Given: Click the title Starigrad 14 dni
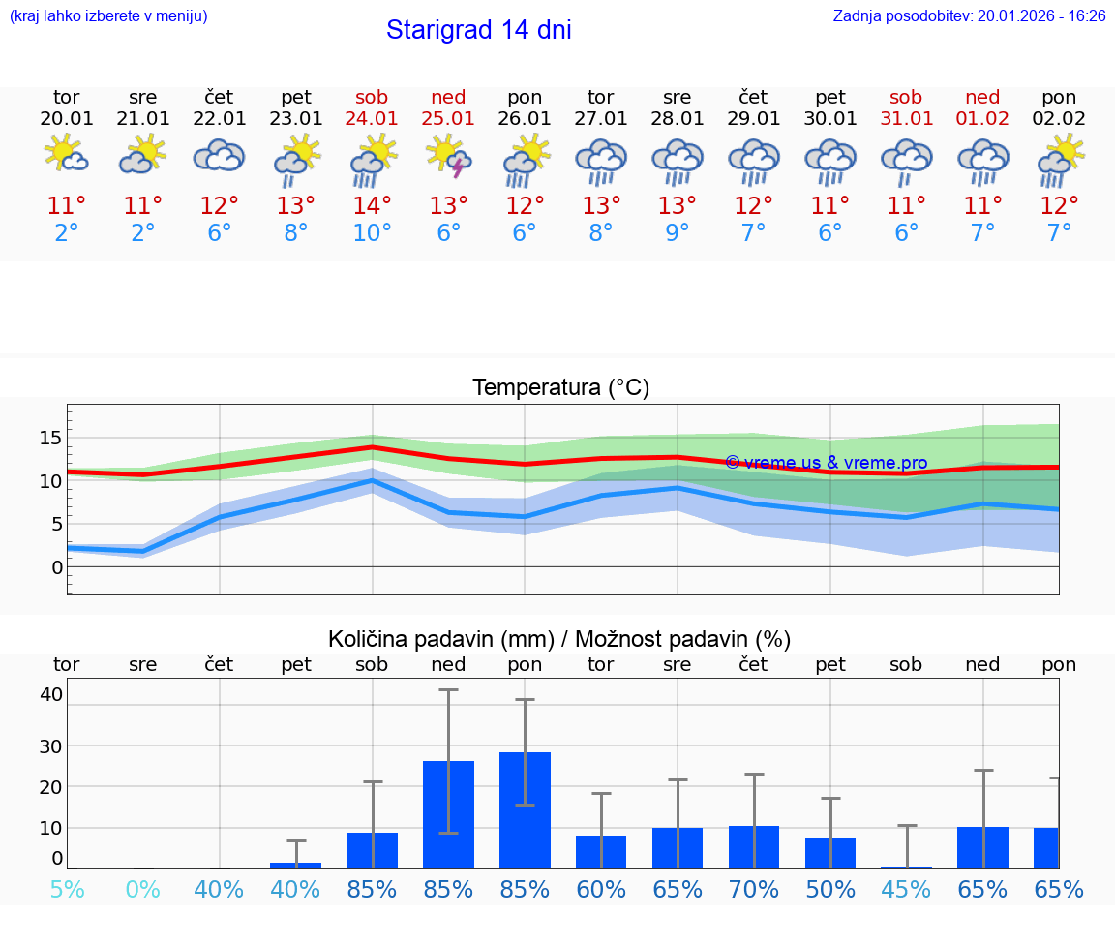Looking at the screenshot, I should pyautogui.click(x=478, y=30).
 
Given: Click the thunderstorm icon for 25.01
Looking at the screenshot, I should pyautogui.click(x=448, y=155).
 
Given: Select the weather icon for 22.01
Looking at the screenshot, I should pyautogui.click(x=219, y=156).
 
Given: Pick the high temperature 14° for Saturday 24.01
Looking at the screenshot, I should pyautogui.click(x=372, y=206).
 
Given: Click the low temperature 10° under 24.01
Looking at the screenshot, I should pyautogui.click(x=372, y=233).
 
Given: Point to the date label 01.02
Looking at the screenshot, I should pyautogui.click(x=982, y=118).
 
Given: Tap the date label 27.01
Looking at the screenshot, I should pyautogui.click(x=600, y=118).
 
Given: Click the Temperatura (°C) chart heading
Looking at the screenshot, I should pyautogui.click(x=560, y=388).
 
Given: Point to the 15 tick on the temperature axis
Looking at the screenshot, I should pyautogui.click(x=50, y=438).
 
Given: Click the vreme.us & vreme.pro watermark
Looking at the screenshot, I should pyautogui.click(x=826, y=463).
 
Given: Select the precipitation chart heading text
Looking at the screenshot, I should pyautogui.click(x=559, y=639).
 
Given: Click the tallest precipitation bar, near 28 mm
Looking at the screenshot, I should pyautogui.click(x=525, y=809).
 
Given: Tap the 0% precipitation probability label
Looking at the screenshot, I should pyautogui.click(x=142, y=889).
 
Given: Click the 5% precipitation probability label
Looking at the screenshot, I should pyautogui.click(x=67, y=889).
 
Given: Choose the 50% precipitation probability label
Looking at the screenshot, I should pyautogui.click(x=829, y=889).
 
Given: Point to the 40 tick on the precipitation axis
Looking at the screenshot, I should pyautogui.click(x=51, y=694).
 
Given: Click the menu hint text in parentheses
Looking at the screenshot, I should pyautogui.click(x=107, y=15).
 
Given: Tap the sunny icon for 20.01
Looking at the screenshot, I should pyautogui.click(x=66, y=154).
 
